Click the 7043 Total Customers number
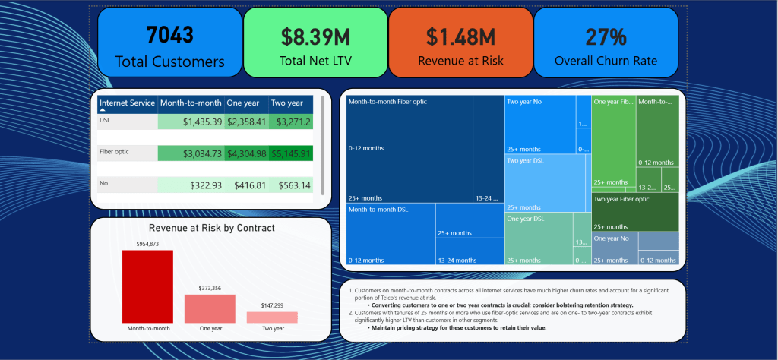point(170,34)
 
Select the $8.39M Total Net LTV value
point(315,36)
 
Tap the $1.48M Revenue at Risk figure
point(460,36)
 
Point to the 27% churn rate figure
point(606,36)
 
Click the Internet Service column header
point(127,103)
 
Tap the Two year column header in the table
point(287,103)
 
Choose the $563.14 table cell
point(293,185)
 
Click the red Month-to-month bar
point(147,286)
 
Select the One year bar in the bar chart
point(210,308)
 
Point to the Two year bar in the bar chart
point(272,317)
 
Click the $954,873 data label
point(147,244)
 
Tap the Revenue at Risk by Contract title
point(211,227)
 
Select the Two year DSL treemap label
point(526,160)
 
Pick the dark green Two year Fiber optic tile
point(634,212)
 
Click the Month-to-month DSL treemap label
point(377,209)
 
